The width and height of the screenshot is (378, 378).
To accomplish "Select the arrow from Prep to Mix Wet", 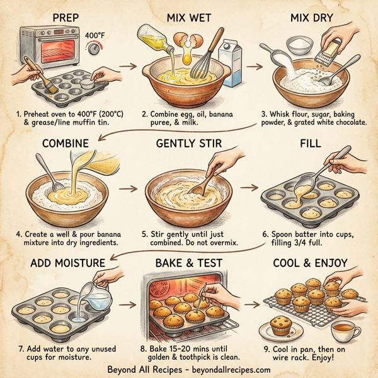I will click(x=130, y=65).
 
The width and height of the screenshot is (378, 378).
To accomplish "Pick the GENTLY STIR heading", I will click(x=190, y=144).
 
